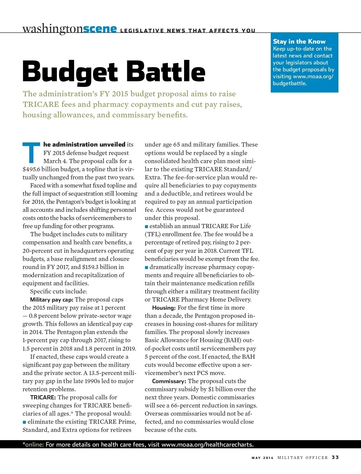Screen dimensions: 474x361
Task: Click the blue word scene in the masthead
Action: [100, 29]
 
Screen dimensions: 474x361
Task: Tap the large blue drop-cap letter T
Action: [31, 152]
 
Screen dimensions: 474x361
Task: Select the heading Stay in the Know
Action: [299, 42]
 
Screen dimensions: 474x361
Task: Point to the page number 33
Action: [335, 457]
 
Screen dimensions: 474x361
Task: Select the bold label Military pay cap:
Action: [52, 300]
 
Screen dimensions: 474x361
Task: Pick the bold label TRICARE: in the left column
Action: [43, 398]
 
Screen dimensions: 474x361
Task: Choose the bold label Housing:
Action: [164, 308]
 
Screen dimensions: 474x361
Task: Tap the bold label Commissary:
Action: [169, 381]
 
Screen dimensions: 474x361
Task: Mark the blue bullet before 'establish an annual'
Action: [147, 226]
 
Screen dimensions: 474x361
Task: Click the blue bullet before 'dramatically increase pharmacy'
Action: [147, 267]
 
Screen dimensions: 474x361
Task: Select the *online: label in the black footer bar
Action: [33, 445]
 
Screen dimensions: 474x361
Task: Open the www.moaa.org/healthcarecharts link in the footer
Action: [207, 445]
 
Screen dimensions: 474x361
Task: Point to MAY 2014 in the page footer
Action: [263, 458]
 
